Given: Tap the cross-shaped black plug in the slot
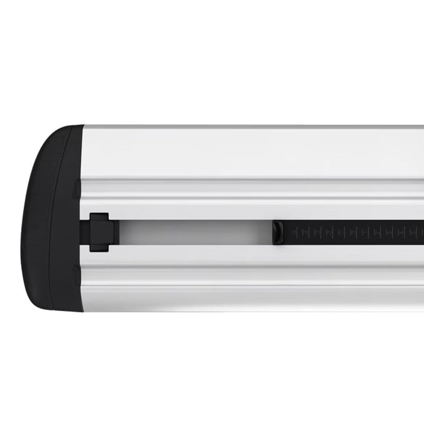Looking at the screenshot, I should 100,232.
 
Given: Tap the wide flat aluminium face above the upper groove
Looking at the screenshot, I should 238,154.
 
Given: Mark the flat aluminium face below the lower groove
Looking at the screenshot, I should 238,299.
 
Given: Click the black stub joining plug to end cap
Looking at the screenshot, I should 85,232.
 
